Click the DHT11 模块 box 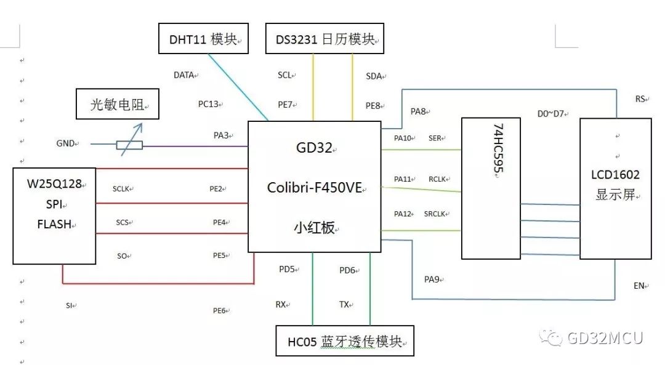204,39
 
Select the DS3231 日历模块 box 324,39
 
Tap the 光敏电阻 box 116,104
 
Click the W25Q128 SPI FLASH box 54,215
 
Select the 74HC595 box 490,188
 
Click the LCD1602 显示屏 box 615,188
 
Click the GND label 65,143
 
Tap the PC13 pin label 208,104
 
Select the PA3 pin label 220,134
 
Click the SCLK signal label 121,189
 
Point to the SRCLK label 435,214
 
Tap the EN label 639,286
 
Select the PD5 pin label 287,269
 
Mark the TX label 344,304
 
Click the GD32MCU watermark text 604,338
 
